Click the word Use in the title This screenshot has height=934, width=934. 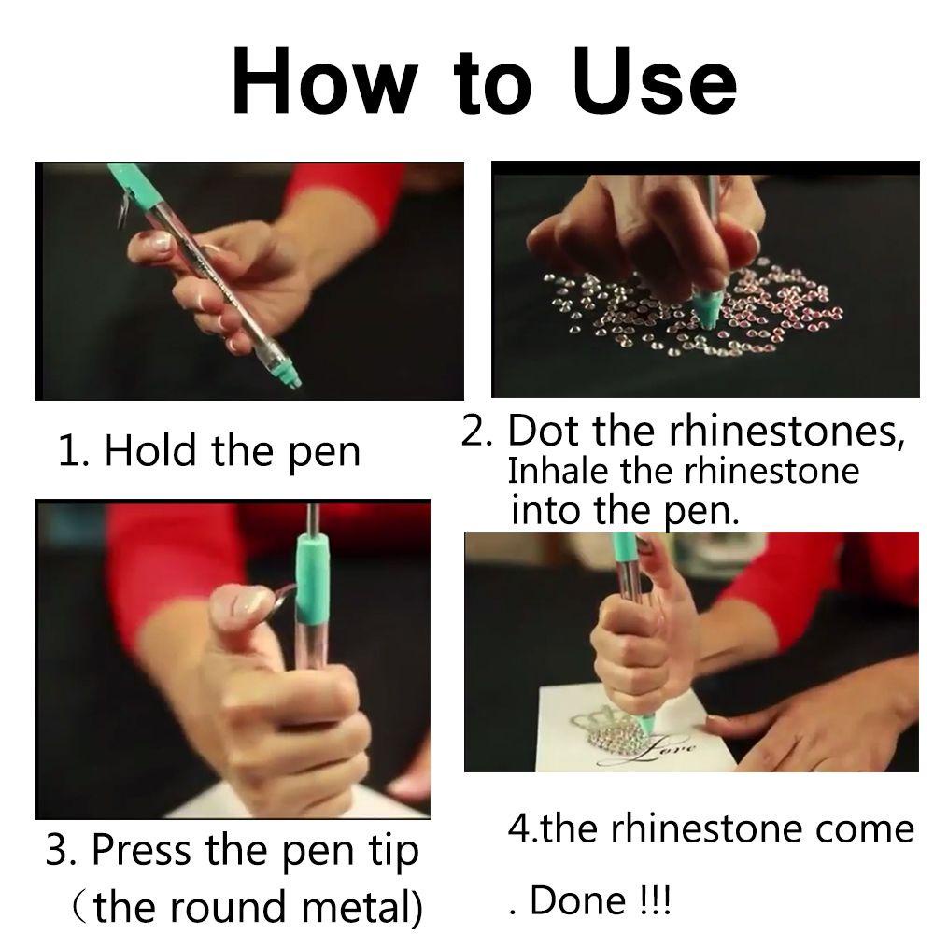pyautogui.click(x=654, y=79)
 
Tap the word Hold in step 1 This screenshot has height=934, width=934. pyautogui.click(x=150, y=450)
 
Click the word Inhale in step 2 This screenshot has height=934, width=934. pyautogui.click(x=559, y=471)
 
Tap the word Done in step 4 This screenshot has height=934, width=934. pyautogui.click(x=578, y=899)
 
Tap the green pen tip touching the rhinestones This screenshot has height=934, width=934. pyautogui.click(x=707, y=306)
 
